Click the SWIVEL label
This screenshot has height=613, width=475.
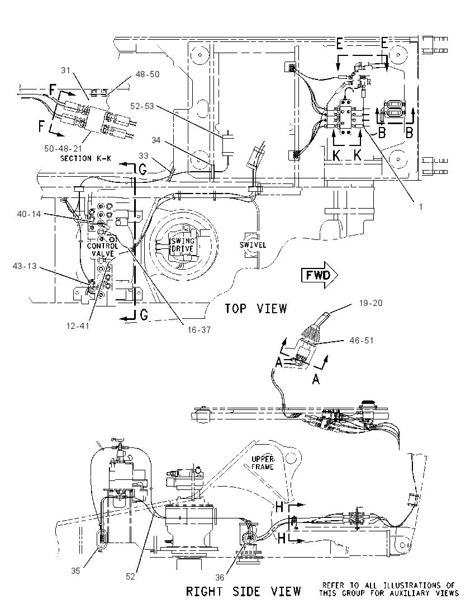tap(253, 245)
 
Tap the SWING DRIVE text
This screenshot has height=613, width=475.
tap(183, 245)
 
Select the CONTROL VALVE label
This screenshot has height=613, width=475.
tap(102, 250)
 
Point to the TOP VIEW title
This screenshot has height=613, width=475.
tap(255, 308)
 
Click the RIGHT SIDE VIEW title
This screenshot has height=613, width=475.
tap(243, 591)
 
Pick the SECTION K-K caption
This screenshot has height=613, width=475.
tap(85, 158)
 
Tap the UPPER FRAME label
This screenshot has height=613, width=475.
tap(263, 463)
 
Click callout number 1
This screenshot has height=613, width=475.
tap(421, 207)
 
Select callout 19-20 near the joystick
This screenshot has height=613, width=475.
tap(370, 303)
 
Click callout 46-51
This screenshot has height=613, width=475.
tap(362, 341)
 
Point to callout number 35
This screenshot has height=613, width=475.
tap(75, 571)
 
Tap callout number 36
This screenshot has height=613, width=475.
tap(220, 577)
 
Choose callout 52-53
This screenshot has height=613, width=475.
tap(142, 106)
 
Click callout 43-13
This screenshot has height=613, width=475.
tap(25, 266)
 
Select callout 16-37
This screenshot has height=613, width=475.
tap(199, 329)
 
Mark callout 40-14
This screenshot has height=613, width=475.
tap(29, 214)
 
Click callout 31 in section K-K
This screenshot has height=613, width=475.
tap(65, 70)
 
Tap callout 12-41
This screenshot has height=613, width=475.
tap(78, 326)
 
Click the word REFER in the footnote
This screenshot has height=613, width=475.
tap(333, 585)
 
